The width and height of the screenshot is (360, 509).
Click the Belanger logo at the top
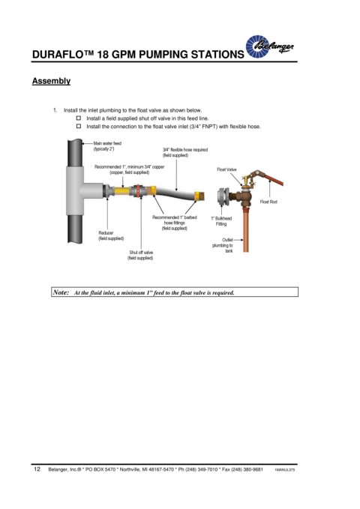pyautogui.click(x=269, y=46)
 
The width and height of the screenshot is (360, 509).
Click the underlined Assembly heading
pyautogui.click(x=51, y=81)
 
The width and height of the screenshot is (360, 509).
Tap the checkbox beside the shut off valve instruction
pyautogui.click(x=79, y=118)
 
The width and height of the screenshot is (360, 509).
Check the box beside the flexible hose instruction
pyautogui.click(x=79, y=126)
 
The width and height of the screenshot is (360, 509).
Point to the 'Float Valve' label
pyautogui.click(x=226, y=169)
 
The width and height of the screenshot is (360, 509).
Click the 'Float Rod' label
pyautogui.click(x=268, y=202)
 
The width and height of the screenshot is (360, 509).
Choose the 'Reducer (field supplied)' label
pyautogui.click(x=111, y=235)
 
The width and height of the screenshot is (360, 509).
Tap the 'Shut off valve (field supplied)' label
pyautogui.click(x=141, y=255)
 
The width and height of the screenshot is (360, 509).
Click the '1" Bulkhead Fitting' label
pyautogui.click(x=221, y=221)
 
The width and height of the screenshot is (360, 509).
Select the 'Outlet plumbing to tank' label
pyautogui.click(x=223, y=245)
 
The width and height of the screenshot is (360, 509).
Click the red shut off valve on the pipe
pyautogui.click(x=138, y=191)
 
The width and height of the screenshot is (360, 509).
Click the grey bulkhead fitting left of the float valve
pyautogui.click(x=223, y=197)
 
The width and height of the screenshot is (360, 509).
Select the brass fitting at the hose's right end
pyautogui.click(x=199, y=196)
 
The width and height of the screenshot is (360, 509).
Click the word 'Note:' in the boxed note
pyautogui.click(x=61, y=292)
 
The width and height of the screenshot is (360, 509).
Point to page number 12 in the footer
pyautogui.click(x=37, y=469)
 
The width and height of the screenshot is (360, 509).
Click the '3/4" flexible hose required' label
pyautogui.click(x=184, y=153)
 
